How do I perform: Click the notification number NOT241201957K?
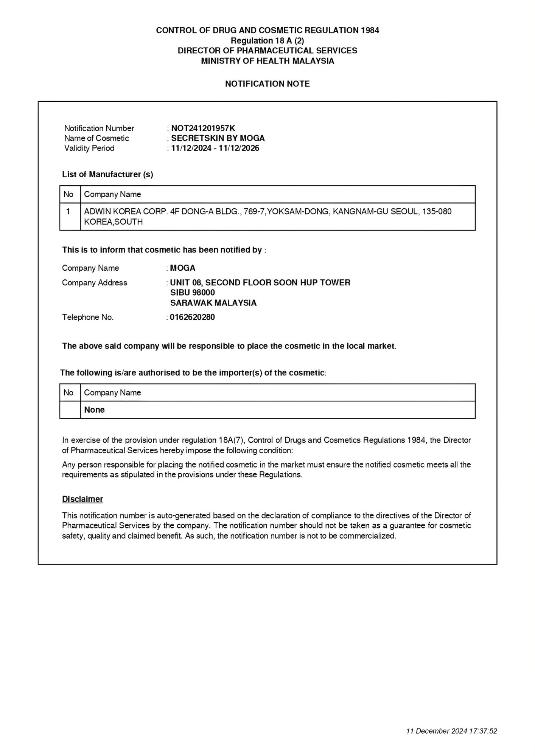pos(203,128)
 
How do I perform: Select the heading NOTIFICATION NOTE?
pos(267,84)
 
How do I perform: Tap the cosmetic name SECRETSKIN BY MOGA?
pos(218,138)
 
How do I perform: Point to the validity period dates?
pos(215,148)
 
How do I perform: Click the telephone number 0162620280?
pos(192,317)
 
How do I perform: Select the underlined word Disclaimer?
pos(82,499)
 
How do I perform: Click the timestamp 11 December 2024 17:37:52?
pos(451,731)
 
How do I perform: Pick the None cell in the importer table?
pos(94,410)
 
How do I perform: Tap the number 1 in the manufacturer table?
pos(68,211)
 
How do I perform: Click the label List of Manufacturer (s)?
pos(107,175)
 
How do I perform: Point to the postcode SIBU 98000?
pos(192,293)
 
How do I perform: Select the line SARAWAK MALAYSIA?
pos(213,303)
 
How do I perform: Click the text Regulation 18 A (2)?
pos(267,40)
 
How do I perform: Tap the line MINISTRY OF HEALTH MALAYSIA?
pos(267,61)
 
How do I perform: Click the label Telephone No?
pos(88,317)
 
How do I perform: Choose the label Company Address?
pos(95,283)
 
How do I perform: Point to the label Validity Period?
pos(89,148)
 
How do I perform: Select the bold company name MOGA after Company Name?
pos(182,268)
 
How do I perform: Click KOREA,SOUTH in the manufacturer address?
pos(113,222)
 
